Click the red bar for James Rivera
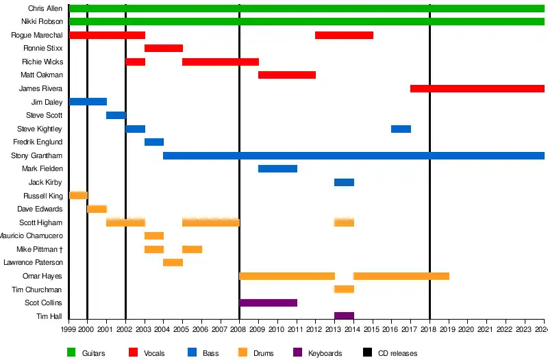coord(477,88)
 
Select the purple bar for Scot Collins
coord(268,303)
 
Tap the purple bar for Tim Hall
coord(344,316)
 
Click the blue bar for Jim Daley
coord(88,102)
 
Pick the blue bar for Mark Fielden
coord(277,168)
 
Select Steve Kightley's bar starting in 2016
coord(401,129)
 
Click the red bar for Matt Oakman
coord(287,75)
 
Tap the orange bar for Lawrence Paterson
coord(173,262)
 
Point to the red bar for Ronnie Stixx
coord(164,48)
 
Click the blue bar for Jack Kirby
coord(344,182)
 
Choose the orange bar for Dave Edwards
coord(97,209)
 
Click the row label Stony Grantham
coord(37,155)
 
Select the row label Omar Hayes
coord(42,276)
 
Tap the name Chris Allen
coord(45,8)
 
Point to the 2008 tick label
coord(239,330)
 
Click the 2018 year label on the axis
coord(429,330)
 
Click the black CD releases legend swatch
coord(368,353)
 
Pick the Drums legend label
coord(264,353)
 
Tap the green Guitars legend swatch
coord(71,353)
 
